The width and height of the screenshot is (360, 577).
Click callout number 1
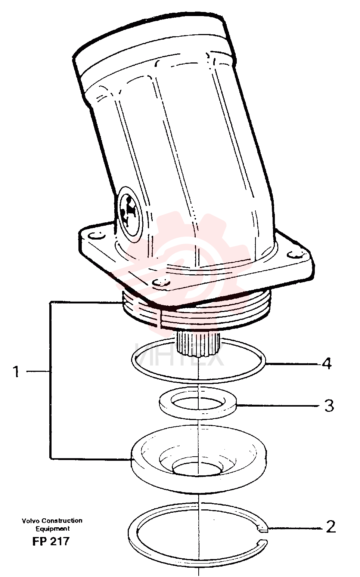click(16, 372)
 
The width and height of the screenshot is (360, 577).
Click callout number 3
click(329, 406)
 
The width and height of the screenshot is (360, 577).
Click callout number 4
click(327, 364)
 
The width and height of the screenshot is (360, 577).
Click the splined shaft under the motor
click(199, 344)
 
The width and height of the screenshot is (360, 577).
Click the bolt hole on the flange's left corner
click(95, 235)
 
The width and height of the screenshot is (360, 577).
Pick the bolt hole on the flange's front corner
click(161, 283)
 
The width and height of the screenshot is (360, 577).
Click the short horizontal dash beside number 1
click(38, 371)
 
